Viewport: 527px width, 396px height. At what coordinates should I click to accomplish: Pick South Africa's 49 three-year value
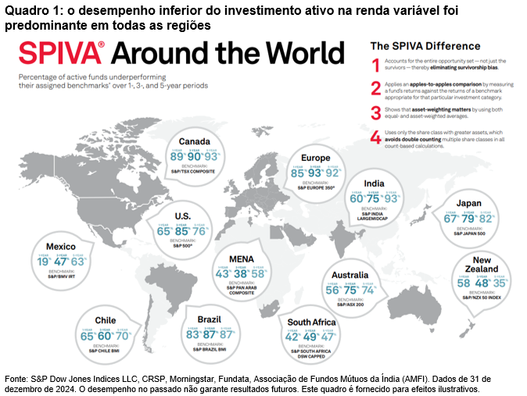pos(311,337)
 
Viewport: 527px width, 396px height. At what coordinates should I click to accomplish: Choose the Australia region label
pos(350,275)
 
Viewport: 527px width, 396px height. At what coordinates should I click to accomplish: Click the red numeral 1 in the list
pos(375,64)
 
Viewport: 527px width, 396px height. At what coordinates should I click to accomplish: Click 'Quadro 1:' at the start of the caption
pos(29,9)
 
